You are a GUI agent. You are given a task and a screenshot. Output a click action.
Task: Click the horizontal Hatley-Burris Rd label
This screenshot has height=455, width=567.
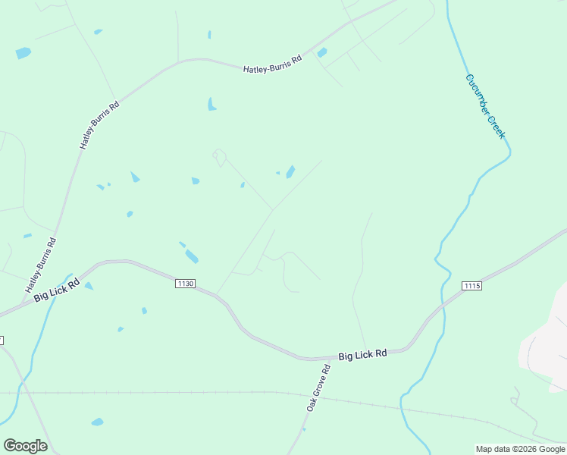tap(273, 64)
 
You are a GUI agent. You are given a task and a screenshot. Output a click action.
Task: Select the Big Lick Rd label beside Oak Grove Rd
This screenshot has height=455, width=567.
tap(362, 354)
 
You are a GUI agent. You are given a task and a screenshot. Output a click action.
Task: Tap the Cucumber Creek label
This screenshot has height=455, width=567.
tap(485, 105)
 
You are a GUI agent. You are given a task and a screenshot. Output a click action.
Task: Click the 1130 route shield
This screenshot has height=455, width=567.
tap(185, 284)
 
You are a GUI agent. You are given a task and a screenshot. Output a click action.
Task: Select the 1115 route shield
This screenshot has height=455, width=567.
tap(471, 285)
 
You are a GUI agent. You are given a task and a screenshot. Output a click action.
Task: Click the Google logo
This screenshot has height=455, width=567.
tap(25, 446)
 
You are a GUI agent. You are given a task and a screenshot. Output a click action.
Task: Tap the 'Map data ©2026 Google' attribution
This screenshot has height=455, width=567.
tap(521, 449)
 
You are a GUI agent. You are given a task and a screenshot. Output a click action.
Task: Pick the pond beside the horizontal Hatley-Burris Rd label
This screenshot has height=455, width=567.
tap(322, 52)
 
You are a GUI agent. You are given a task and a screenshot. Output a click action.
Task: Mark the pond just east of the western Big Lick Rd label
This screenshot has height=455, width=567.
tap(89, 286)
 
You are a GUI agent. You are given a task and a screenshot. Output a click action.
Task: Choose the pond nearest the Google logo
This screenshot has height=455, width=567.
tap(97, 422)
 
